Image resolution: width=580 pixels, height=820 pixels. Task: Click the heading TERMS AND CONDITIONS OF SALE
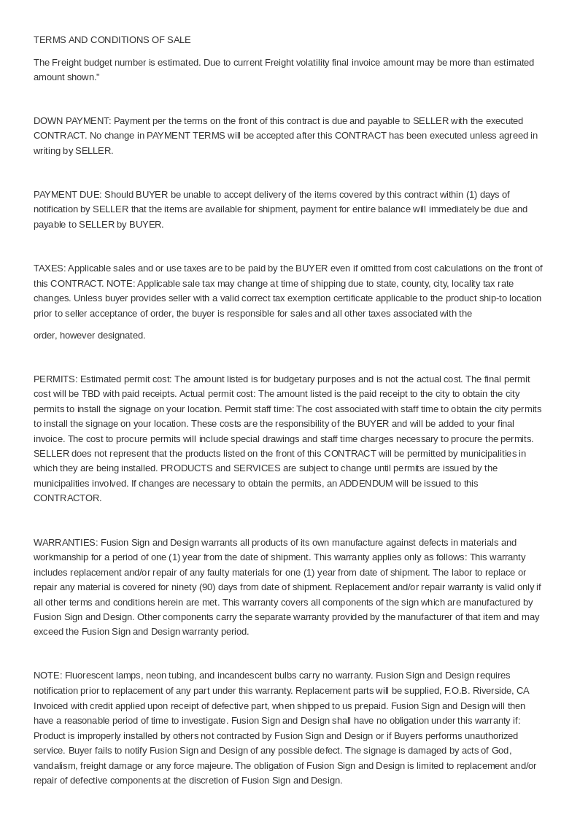(112, 40)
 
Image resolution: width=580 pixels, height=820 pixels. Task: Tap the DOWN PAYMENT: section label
(72, 121)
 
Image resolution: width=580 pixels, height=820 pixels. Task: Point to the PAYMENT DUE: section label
(68, 195)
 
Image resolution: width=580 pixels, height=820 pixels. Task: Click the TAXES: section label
(50, 268)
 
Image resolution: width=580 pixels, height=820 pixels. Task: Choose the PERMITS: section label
(55, 379)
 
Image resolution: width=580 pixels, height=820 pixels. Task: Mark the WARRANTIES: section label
(66, 543)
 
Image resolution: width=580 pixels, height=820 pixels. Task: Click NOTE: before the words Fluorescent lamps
(48, 676)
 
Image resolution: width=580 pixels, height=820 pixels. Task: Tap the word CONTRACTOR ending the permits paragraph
(66, 498)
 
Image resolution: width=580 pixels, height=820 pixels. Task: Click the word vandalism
(54, 765)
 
